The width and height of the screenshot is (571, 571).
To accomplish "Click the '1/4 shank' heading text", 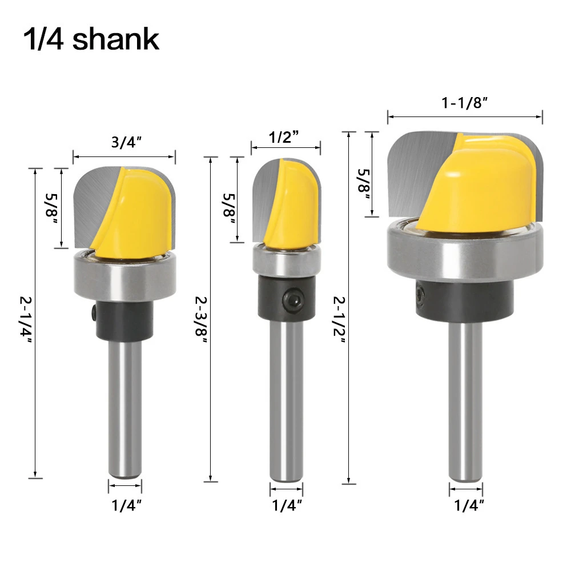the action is [91, 39].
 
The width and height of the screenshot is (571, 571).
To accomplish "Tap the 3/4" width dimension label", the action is [126, 142].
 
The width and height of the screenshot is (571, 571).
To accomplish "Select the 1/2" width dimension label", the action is [283, 137].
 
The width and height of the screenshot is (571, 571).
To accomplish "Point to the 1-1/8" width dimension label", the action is [464, 103].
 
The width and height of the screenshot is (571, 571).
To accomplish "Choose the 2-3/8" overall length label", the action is [201, 320].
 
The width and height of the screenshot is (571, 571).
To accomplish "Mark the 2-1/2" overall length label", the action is [339, 320].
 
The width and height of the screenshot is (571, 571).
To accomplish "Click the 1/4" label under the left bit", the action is [126, 505].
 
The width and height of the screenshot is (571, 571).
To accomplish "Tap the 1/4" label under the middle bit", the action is [287, 505].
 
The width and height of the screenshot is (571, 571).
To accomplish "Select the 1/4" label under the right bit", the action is [469, 505].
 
